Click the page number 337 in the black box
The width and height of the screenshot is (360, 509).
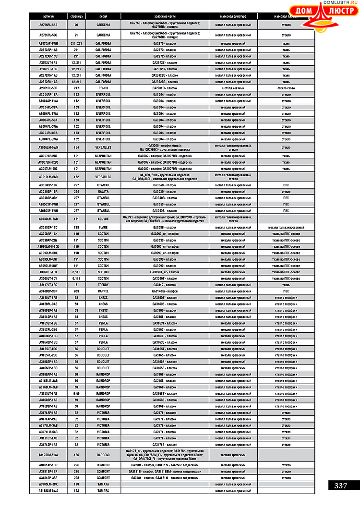tap(341, 485)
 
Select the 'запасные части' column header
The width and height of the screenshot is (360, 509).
tap(165, 16)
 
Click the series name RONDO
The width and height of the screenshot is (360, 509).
tap(103, 88)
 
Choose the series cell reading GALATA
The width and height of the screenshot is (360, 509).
tap(103, 191)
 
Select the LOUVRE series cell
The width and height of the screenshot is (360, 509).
tap(103, 218)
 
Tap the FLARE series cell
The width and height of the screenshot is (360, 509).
tap(103, 227)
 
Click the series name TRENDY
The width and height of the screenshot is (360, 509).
tap(103, 285)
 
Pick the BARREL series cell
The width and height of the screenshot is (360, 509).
tap(103, 291)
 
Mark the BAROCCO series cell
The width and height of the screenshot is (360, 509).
tap(103, 454)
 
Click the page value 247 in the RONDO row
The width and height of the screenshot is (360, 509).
tap(76, 88)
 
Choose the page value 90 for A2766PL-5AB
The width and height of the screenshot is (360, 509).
tap(76, 24)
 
